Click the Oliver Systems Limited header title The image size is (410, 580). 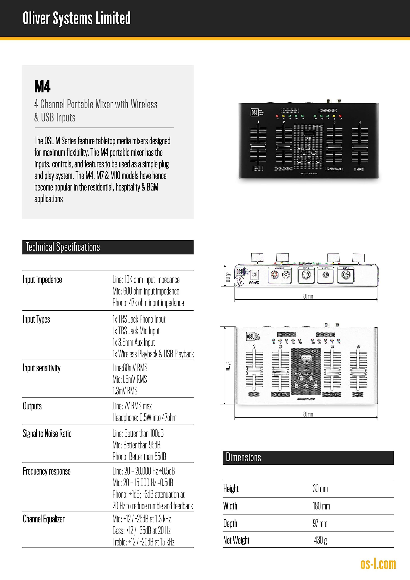pyautogui.click(x=77, y=18)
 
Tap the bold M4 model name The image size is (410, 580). pyautogui.click(x=42, y=87)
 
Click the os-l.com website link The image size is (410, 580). pyautogui.click(x=378, y=564)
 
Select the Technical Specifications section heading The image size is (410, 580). pyautogui.click(x=63, y=247)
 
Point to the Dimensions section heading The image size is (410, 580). pyautogui.click(x=243, y=457)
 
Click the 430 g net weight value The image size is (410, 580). pyautogui.click(x=320, y=540)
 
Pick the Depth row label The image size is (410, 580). pyautogui.click(x=230, y=523)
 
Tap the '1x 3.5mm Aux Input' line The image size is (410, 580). pyautogui.click(x=133, y=342)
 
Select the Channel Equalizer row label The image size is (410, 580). pyautogui.click(x=44, y=519)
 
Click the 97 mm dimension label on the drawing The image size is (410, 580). pyautogui.click(x=228, y=366)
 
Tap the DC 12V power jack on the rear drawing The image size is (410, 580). pyautogui.click(x=254, y=275)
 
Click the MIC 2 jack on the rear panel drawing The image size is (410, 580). pyautogui.click(x=306, y=275)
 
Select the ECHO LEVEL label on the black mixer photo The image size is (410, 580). pyautogui.click(x=284, y=169)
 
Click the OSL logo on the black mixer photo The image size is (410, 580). pyautogui.click(x=254, y=112)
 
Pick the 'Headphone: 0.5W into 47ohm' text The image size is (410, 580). pyautogui.click(x=144, y=418)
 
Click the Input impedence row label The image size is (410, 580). pyautogui.click(x=42, y=280)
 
